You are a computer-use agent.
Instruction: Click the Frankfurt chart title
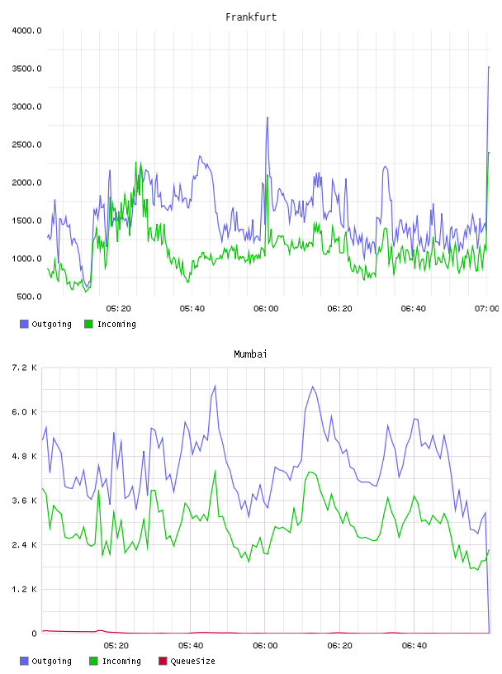(251, 17)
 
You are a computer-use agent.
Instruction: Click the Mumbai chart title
(250, 354)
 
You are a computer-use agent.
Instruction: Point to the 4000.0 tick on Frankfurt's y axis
(26, 31)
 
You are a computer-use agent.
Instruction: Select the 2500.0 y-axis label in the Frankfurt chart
(26, 145)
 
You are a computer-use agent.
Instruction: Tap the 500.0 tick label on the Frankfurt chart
(29, 297)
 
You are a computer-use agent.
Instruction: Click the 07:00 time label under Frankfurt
(487, 309)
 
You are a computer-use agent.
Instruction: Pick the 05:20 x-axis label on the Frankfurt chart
(119, 309)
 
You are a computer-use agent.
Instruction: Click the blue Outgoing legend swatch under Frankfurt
(24, 324)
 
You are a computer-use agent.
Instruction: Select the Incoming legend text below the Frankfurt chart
(116, 324)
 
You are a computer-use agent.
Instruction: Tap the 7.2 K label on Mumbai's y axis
(24, 368)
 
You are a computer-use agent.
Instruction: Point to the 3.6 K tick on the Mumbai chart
(24, 501)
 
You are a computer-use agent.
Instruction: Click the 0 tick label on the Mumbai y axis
(34, 634)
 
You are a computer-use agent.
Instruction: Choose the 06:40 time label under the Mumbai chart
(414, 646)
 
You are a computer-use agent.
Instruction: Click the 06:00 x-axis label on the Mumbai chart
(265, 646)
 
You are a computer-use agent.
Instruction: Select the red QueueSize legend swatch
(163, 661)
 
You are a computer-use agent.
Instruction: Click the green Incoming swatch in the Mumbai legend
(93, 661)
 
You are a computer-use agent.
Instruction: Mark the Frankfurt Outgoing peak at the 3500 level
(489, 67)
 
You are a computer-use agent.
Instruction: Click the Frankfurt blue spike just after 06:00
(268, 117)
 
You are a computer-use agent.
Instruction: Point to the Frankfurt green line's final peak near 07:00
(489, 152)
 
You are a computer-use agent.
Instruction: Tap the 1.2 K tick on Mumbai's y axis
(24, 589)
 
